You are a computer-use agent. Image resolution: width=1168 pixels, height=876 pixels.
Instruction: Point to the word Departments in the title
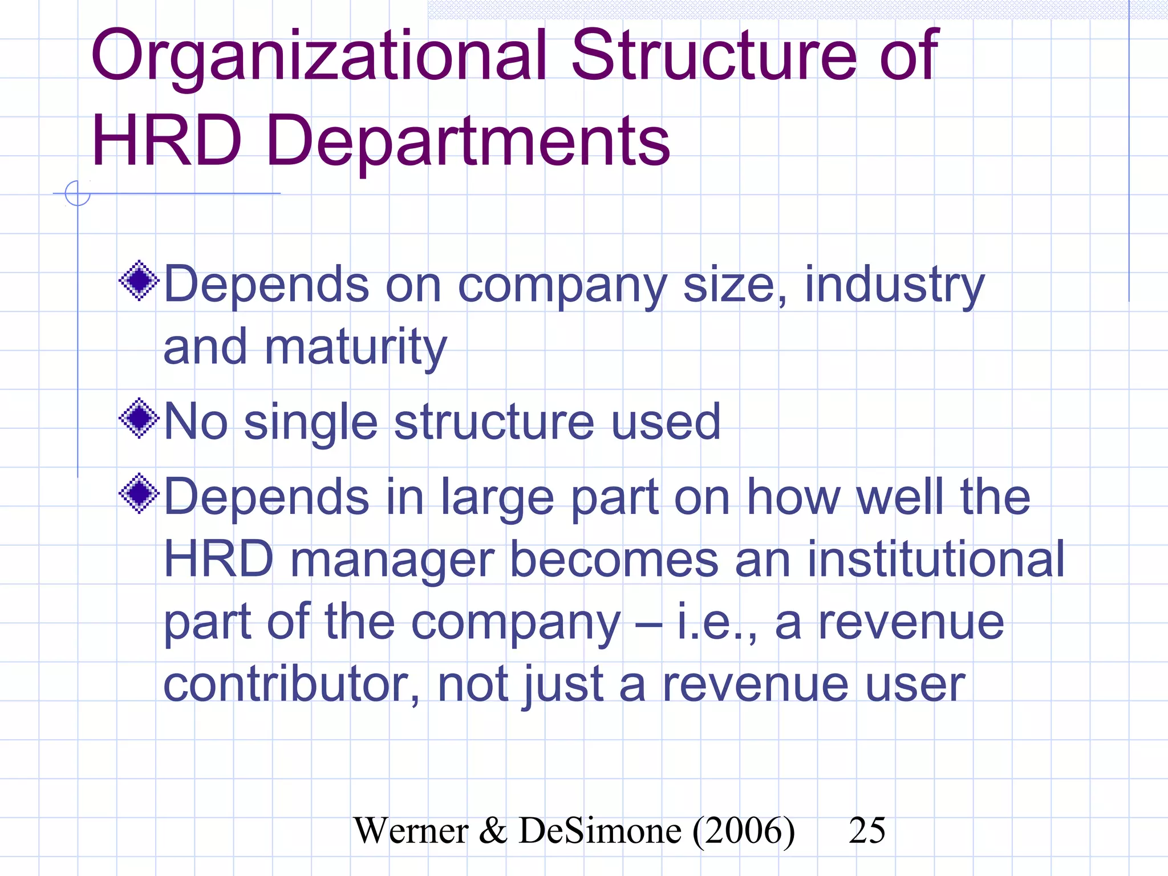pyautogui.click(x=468, y=143)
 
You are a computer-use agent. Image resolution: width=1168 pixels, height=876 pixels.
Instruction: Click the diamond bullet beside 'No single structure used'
pyautogui.click(x=139, y=419)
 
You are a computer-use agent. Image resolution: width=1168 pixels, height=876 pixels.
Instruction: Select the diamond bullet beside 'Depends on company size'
pyautogui.click(x=139, y=280)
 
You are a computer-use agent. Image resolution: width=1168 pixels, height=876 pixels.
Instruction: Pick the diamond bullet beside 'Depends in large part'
pyautogui.click(x=139, y=493)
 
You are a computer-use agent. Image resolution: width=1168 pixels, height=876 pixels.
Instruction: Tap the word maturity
pyautogui.click(x=355, y=348)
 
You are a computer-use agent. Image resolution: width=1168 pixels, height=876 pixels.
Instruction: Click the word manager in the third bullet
pyautogui.click(x=392, y=561)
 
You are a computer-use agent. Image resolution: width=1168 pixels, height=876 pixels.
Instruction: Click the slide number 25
pyautogui.click(x=867, y=830)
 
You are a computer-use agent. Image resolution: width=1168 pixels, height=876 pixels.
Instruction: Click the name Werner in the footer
pyautogui.click(x=411, y=831)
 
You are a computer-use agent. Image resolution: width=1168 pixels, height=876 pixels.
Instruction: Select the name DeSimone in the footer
pyautogui.click(x=600, y=831)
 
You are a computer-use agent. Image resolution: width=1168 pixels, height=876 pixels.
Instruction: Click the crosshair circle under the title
pyautogui.click(x=78, y=193)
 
